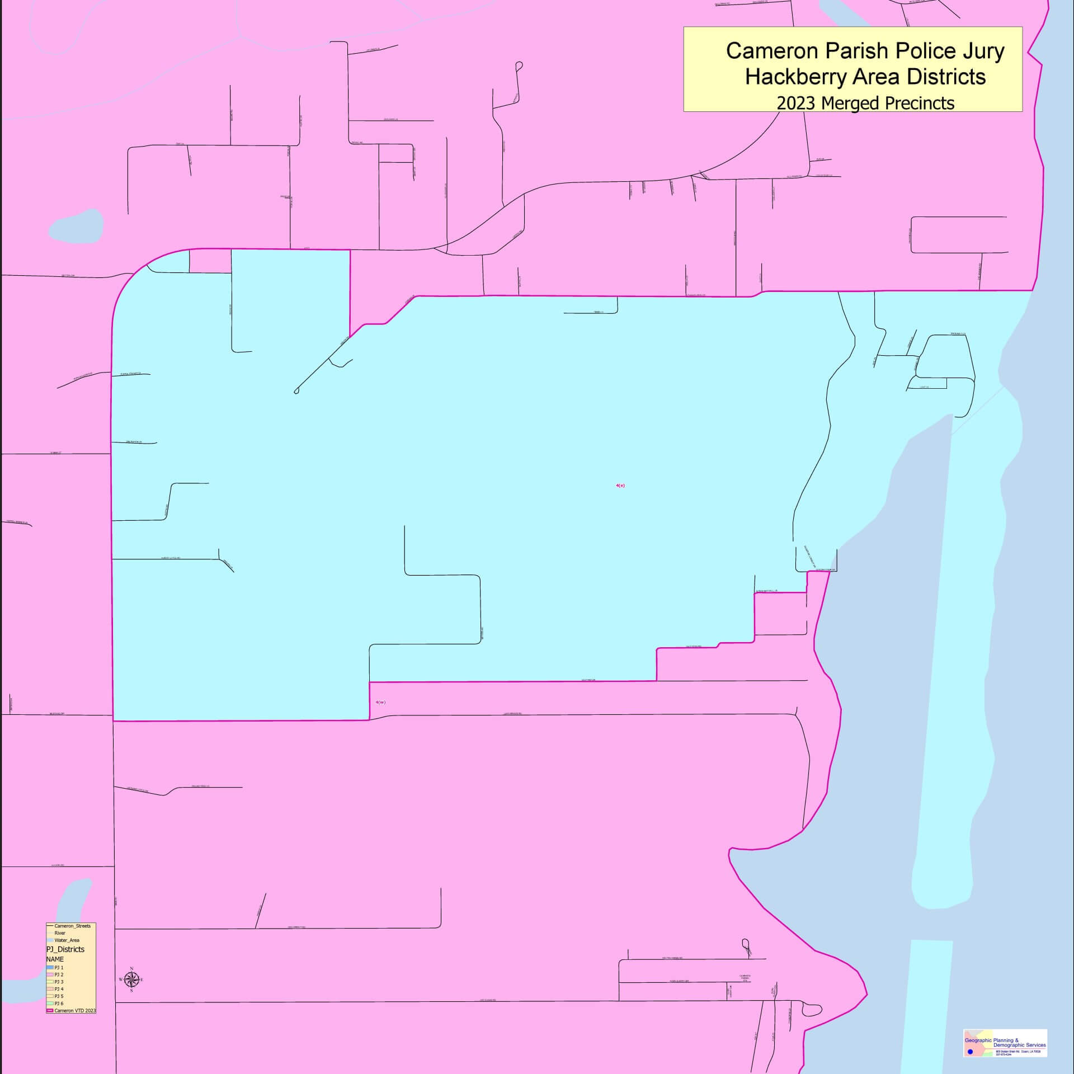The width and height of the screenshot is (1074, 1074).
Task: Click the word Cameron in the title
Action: pos(769,51)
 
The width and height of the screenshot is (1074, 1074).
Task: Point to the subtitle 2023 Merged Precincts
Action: pos(865,103)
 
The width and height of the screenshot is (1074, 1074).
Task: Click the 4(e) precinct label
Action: pos(620,486)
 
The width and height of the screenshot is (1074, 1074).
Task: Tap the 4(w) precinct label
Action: pos(380,702)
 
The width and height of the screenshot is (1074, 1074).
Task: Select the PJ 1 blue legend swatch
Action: pos(50,967)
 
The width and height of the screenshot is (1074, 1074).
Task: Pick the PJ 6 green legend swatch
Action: pos(50,1004)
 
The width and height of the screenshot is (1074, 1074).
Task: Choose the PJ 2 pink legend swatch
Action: pos(50,974)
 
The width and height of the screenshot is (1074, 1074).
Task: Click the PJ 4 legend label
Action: pos(59,989)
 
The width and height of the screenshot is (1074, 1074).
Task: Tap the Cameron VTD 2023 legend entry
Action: pos(72,1011)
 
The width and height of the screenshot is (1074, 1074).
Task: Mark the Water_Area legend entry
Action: pos(67,940)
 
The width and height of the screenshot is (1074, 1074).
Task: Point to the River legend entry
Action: pos(60,933)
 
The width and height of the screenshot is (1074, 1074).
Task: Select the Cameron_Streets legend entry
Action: pos(72,926)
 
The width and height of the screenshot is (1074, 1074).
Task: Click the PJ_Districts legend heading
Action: pos(65,949)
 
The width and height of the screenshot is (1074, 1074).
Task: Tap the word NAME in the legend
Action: pos(55,959)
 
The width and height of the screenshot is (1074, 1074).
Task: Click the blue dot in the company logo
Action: pos(971,1052)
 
